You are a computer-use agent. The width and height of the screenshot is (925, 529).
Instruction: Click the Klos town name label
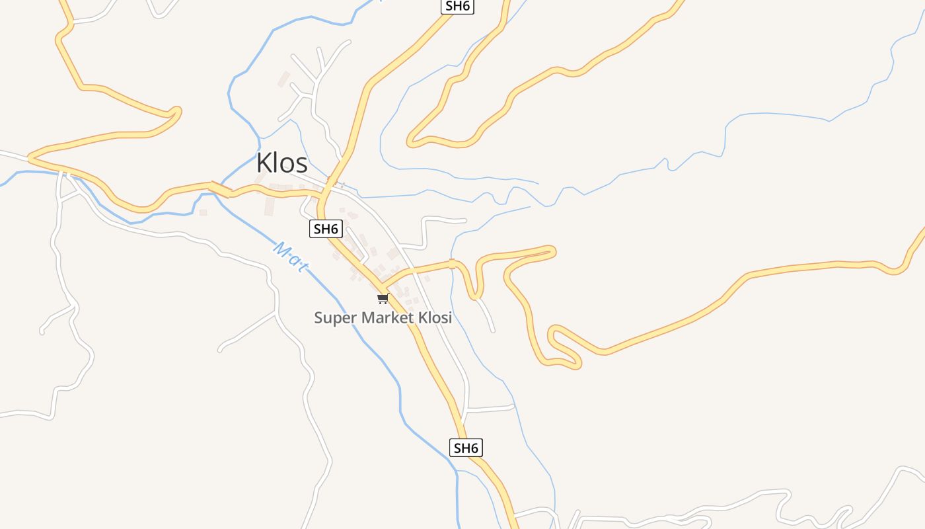pyautogui.click(x=282, y=163)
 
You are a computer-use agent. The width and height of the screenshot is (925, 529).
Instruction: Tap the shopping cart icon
pyautogui.click(x=383, y=299)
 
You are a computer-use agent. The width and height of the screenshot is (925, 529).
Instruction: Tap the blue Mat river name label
pyautogui.click(x=291, y=257)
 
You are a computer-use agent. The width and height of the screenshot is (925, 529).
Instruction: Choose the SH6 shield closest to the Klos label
pyautogui.click(x=326, y=229)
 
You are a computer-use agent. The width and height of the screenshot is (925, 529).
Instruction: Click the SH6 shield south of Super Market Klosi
pyautogui.click(x=466, y=448)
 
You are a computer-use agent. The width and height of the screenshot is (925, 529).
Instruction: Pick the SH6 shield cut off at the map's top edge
pyautogui.click(x=458, y=6)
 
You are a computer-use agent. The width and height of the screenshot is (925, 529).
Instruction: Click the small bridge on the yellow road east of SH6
pyautogui.click(x=452, y=264)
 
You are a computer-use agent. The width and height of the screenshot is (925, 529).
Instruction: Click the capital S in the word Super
pyautogui.click(x=318, y=317)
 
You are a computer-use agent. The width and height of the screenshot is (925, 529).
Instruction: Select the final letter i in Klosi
pyautogui.click(x=450, y=317)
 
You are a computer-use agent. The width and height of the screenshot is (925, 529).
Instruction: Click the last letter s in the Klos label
pyautogui.click(x=301, y=165)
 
